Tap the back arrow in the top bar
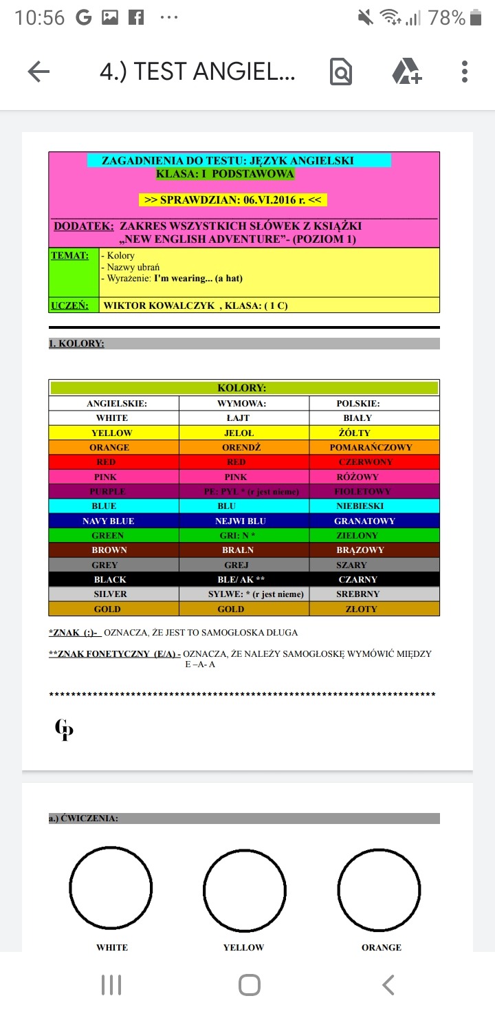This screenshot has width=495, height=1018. click(x=38, y=72)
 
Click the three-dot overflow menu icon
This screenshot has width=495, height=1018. click(x=465, y=72)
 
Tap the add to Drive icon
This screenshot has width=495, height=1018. click(x=407, y=72)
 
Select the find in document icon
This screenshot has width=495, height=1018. click(x=341, y=72)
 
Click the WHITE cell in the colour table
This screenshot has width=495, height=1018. click(x=112, y=418)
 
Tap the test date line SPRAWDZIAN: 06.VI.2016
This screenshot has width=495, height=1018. click(x=232, y=200)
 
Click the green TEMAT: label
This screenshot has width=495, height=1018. click(x=70, y=256)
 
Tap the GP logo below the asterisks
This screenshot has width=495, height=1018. click(x=64, y=729)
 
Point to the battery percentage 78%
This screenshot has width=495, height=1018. click(x=446, y=19)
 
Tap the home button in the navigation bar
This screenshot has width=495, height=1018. click(x=249, y=985)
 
